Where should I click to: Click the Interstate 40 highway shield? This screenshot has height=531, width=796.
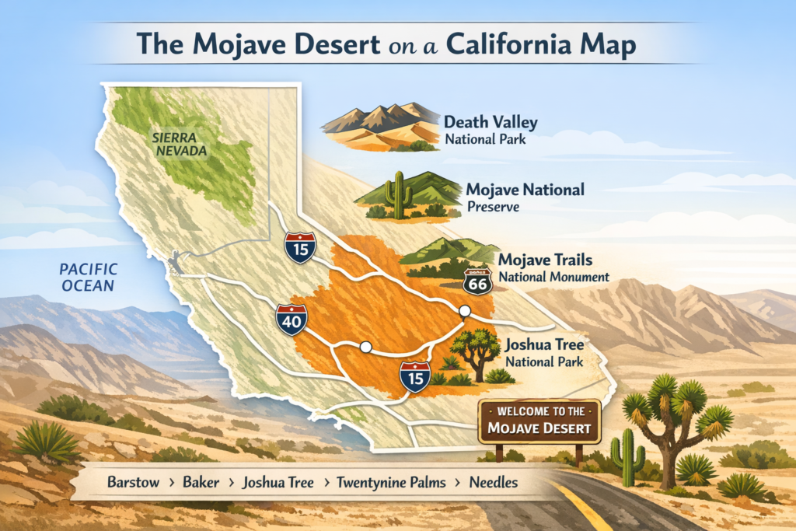[x=291, y=320]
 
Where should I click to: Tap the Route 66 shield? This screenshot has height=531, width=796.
[x=477, y=281]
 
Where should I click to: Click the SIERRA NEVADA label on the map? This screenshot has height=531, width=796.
[x=180, y=145]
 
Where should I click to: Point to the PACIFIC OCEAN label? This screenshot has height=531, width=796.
[x=89, y=278]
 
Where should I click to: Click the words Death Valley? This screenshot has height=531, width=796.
[x=491, y=123]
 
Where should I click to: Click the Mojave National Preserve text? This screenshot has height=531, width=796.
[x=525, y=197]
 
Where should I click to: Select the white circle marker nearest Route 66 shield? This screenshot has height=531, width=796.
[x=465, y=311]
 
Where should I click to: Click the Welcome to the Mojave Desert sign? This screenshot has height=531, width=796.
[x=539, y=420]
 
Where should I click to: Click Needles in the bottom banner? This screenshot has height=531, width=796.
[x=494, y=482]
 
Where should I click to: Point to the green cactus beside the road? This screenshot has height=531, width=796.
[x=626, y=458]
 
